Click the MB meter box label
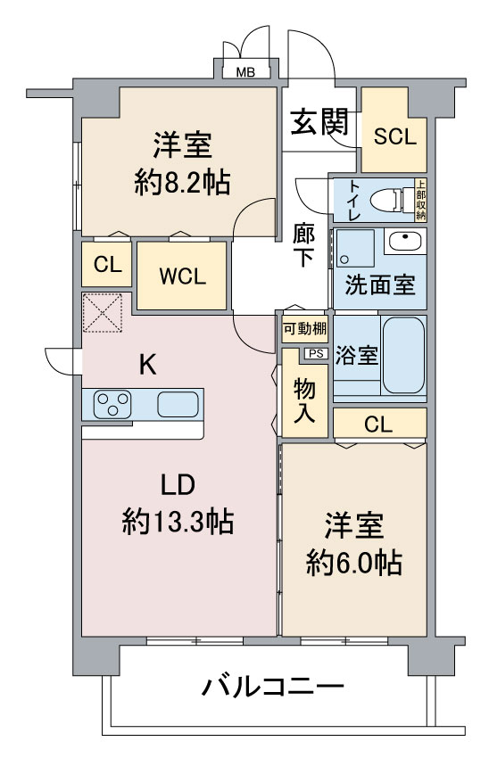pos(245,72)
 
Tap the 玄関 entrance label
pos(319,121)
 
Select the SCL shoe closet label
pos(394,136)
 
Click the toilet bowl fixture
pos(386,200)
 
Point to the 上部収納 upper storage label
pos(421,200)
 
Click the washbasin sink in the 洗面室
pos(405,241)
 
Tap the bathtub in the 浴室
pos(403,355)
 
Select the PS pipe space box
pos(316,354)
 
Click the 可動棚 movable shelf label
pos(305,329)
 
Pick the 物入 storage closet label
pos(304,400)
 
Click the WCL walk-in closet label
pos(182,276)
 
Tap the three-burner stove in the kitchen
pos(112,404)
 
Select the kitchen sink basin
pos(178,404)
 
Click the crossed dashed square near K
pos(102,313)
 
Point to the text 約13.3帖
pos(178,521)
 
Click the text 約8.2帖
pos(182,182)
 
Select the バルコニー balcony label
pos(272,686)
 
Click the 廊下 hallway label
pos(303,245)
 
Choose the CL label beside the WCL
pos(107,265)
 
